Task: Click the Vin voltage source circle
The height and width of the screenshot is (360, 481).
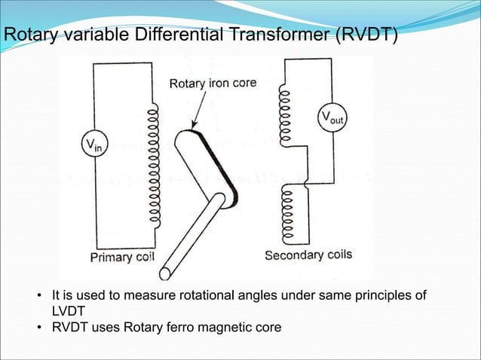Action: pos(93,145)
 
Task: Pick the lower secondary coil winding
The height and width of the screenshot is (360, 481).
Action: pos(286,213)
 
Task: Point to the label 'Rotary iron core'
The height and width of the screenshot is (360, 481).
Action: pos(213,83)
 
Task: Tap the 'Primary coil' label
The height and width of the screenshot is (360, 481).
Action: pos(122,257)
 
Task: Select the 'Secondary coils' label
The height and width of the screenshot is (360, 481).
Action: pos(308,255)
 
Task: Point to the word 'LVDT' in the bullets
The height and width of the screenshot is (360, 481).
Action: pos(63,310)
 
